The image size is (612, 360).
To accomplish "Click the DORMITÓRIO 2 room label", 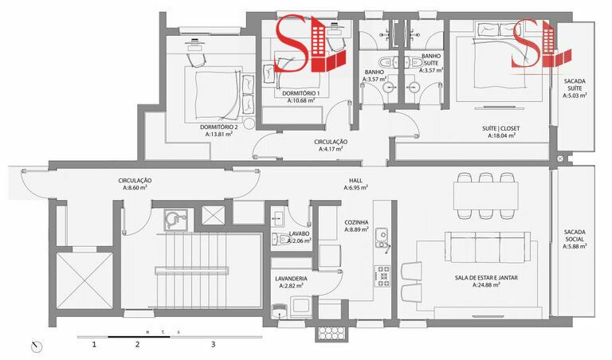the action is tap(218, 127).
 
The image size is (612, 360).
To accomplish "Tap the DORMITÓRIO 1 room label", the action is tap(300, 94).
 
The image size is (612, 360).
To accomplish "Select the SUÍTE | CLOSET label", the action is tap(500, 128).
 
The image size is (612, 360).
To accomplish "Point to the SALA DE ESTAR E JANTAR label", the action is tap(486, 278).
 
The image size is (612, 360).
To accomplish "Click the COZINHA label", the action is tap(356, 222).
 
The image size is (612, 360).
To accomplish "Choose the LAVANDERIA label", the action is tap(291, 279).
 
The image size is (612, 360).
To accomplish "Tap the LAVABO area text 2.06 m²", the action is tap(300, 241).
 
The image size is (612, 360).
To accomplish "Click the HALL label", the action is tap(355, 181).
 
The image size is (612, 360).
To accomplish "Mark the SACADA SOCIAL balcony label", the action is tap(575, 236).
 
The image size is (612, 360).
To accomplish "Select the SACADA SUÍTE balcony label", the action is tap(575, 84).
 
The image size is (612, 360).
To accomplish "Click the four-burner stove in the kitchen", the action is tap(382, 276).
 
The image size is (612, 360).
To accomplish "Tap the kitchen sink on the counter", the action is tap(382, 238).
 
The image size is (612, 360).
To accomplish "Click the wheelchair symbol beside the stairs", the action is tap(175, 220).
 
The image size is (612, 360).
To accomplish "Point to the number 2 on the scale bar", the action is tap(137, 344).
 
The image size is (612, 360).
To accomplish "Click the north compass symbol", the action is tap(37, 346).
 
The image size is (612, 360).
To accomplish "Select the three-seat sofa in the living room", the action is tap(488, 247).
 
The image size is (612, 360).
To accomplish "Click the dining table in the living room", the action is tap(485, 196).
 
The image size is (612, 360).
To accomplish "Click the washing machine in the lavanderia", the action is tap(300, 305).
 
